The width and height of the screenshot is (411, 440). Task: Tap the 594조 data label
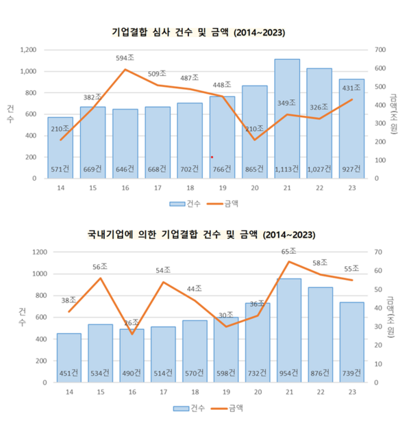coord(125,59)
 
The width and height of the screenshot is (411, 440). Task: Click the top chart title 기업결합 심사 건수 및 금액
coord(198,32)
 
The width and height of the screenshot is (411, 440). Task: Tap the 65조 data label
coord(288,252)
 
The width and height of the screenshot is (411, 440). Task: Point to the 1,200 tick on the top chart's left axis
coord(28,50)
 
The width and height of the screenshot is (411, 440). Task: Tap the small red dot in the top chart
coord(212,157)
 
